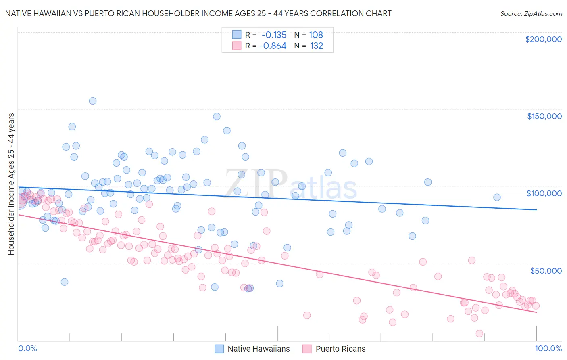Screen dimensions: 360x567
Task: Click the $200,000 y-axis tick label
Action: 543,39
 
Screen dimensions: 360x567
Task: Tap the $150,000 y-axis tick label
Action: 544,116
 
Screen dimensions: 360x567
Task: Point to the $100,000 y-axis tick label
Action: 544,193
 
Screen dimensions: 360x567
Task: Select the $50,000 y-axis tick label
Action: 546,270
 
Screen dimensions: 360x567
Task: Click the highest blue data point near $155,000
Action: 93,101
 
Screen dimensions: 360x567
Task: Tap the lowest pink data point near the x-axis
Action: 479,333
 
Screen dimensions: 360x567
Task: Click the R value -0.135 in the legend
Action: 274,35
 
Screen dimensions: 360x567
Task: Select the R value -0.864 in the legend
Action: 273,46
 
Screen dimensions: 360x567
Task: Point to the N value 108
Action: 316,35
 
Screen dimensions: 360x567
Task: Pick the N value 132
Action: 316,46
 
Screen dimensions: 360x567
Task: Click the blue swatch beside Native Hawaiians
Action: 219,349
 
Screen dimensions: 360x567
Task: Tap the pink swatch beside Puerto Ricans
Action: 307,349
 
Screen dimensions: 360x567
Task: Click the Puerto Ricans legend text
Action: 340,349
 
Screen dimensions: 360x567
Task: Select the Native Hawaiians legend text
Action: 258,349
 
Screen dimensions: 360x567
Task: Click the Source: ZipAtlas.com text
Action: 531,14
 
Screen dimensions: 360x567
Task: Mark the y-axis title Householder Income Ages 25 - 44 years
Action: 11,184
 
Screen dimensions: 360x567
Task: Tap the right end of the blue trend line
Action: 536,209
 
